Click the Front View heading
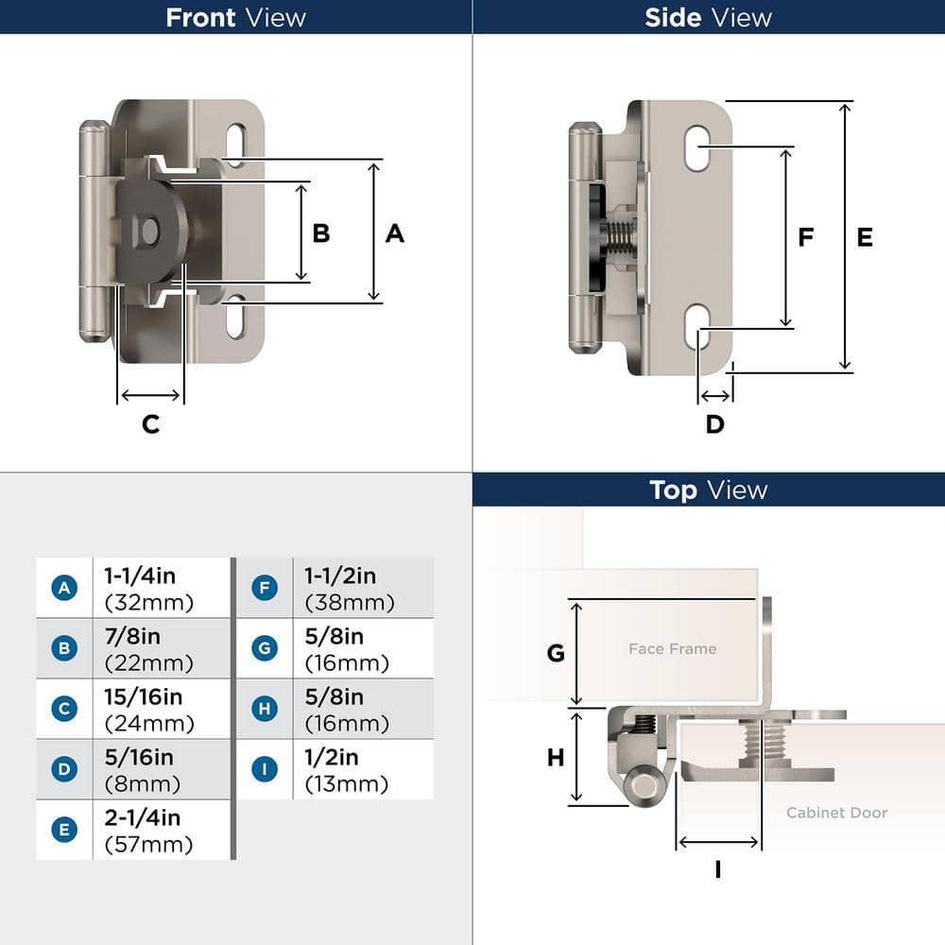tap(235, 17)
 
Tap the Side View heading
tap(708, 17)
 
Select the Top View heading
tap(708, 490)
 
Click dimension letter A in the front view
tap(394, 232)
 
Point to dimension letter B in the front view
tap(321, 232)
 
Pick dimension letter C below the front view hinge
tap(150, 424)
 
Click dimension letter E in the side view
tap(865, 237)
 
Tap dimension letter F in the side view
tap(805, 237)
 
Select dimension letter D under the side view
tap(714, 424)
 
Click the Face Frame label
tap(672, 648)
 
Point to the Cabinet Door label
tap(836, 813)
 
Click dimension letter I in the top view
tap(717, 868)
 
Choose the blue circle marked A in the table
tap(63, 588)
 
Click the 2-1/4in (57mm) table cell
tap(148, 831)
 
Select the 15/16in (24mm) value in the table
tap(148, 710)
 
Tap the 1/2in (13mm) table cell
tap(346, 770)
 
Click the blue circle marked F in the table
tap(265, 588)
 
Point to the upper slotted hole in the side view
tap(697, 148)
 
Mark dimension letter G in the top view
tap(556, 652)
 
